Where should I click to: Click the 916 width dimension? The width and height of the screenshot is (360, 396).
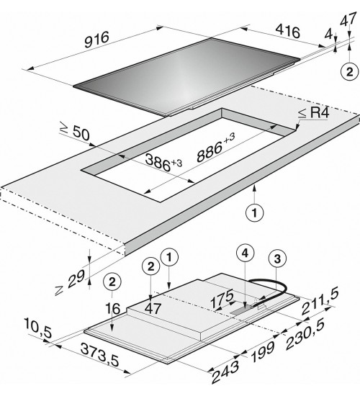pos(96,40)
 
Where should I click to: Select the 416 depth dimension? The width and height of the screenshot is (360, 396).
pos(288,30)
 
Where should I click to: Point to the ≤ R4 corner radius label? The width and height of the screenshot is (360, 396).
pos(314,112)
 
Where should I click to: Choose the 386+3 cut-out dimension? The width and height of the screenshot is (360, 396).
pos(163,163)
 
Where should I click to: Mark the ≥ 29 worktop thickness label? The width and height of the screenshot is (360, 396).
pos(70,282)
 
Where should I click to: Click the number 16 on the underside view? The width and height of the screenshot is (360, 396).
pos(112,309)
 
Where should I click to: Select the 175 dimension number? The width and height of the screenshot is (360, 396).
pos(222,299)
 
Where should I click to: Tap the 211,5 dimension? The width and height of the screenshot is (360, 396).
pos(320,302)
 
